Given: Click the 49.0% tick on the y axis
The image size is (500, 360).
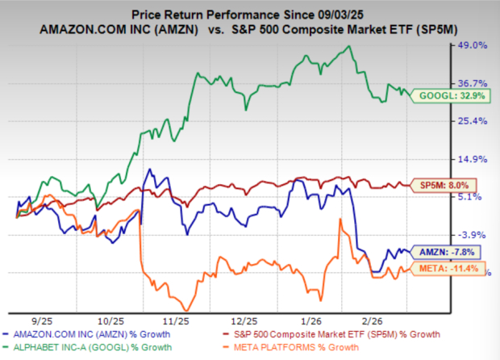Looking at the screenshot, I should pyautogui.click(x=472, y=46).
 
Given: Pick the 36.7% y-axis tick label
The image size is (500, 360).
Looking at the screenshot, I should pyautogui.click(x=472, y=83).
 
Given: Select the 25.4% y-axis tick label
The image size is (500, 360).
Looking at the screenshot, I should pyautogui.click(x=472, y=121).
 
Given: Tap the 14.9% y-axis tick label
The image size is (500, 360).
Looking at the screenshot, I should pyautogui.click(x=472, y=158).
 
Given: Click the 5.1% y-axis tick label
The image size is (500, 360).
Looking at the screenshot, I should pyautogui.click(x=474, y=196).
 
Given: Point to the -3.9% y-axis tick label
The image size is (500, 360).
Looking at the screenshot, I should pyautogui.click(x=473, y=234).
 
